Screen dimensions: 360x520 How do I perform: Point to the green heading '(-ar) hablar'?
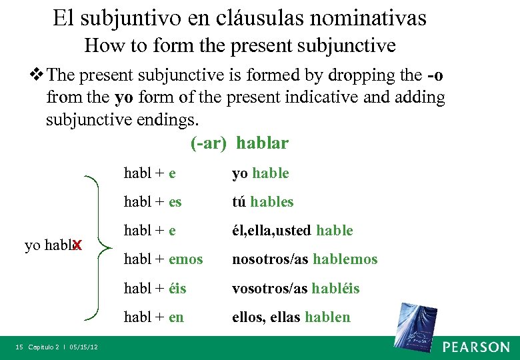click(x=239, y=143)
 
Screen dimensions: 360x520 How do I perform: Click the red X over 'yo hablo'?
click(x=77, y=245)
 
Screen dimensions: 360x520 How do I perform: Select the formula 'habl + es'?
click(x=153, y=201)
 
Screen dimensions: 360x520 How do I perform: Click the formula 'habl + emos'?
click(x=163, y=259)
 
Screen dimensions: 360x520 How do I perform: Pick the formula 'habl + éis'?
click(x=155, y=288)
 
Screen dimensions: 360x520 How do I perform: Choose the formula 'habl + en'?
click(x=153, y=317)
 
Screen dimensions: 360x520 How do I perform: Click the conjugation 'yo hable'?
click(x=260, y=173)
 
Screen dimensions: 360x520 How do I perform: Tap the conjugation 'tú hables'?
click(x=262, y=201)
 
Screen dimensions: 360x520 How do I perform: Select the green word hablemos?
click(x=345, y=259)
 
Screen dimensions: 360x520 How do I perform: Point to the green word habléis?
click(x=335, y=288)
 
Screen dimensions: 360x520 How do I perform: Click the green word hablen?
click(x=327, y=317)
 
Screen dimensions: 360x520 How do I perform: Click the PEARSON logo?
click(x=476, y=347)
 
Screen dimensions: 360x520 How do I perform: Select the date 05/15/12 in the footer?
click(x=83, y=347)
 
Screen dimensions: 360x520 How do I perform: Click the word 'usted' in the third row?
click(x=293, y=231)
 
